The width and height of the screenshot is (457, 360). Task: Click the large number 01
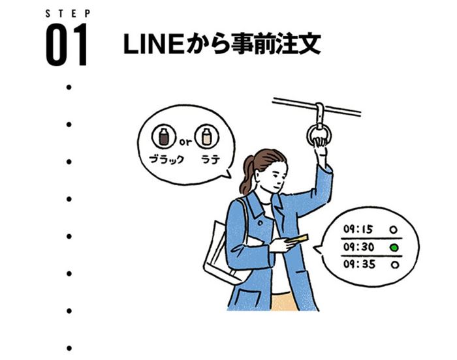coord(67,44)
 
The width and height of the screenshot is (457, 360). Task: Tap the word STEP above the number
coord(68,14)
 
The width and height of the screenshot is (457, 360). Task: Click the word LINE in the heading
coord(153,44)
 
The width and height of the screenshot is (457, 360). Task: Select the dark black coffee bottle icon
coord(164,136)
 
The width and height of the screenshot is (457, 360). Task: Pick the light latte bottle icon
coord(206,136)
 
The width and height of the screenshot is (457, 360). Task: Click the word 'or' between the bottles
coord(185,142)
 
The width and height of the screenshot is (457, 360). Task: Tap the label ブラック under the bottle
coord(166,159)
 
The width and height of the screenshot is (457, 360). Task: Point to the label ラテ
coord(210,159)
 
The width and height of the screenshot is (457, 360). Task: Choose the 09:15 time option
coord(358,229)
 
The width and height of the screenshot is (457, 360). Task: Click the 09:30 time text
coord(358,247)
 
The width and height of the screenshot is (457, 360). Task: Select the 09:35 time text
coord(359,264)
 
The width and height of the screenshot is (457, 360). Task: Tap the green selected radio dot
coord(394,248)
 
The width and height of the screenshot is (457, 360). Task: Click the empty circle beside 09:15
coord(394,230)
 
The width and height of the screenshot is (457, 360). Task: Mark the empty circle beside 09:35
coord(394,265)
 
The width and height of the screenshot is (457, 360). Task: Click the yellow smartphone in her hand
coord(296,239)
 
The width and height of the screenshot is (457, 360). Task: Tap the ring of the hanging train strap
coord(308,136)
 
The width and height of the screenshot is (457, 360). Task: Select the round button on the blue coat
coord(260,223)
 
